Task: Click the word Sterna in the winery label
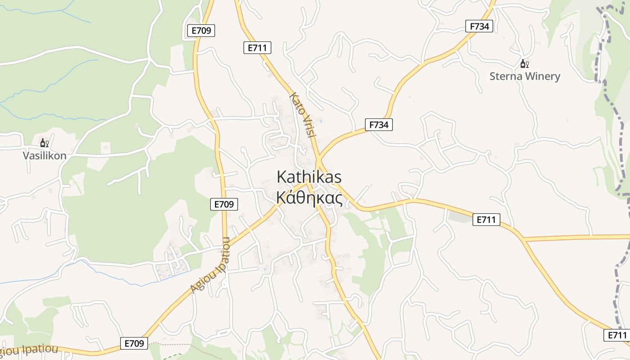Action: tap(506, 76)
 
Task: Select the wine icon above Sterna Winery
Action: tap(524, 64)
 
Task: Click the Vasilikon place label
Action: tap(45, 156)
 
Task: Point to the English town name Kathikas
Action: tap(309, 176)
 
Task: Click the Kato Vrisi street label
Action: tap(304, 115)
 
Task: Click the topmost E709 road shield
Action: tap(201, 31)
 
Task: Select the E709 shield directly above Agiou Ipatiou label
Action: tap(224, 204)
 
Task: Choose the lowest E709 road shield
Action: tap(134, 343)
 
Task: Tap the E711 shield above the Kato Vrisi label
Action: tap(257, 47)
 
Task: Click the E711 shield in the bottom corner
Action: tap(617, 335)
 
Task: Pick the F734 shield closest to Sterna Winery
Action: tap(479, 26)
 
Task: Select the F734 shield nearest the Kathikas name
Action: tap(378, 125)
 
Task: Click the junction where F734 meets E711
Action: tap(318, 160)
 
